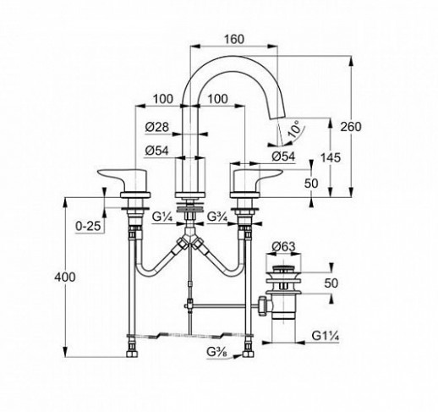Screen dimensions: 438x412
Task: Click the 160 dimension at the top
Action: point(233,39)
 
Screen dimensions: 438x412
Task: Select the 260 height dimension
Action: point(350,127)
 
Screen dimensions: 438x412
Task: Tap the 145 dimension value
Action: point(331,157)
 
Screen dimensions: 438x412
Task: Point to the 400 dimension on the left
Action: point(65,277)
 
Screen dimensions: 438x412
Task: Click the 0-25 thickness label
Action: point(88,226)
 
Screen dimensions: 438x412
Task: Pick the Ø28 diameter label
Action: point(157,127)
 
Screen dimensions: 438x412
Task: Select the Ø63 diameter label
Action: point(283,247)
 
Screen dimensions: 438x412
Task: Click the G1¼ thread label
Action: point(326,336)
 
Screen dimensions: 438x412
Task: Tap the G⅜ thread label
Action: point(216,352)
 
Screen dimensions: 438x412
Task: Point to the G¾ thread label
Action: point(217,217)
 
